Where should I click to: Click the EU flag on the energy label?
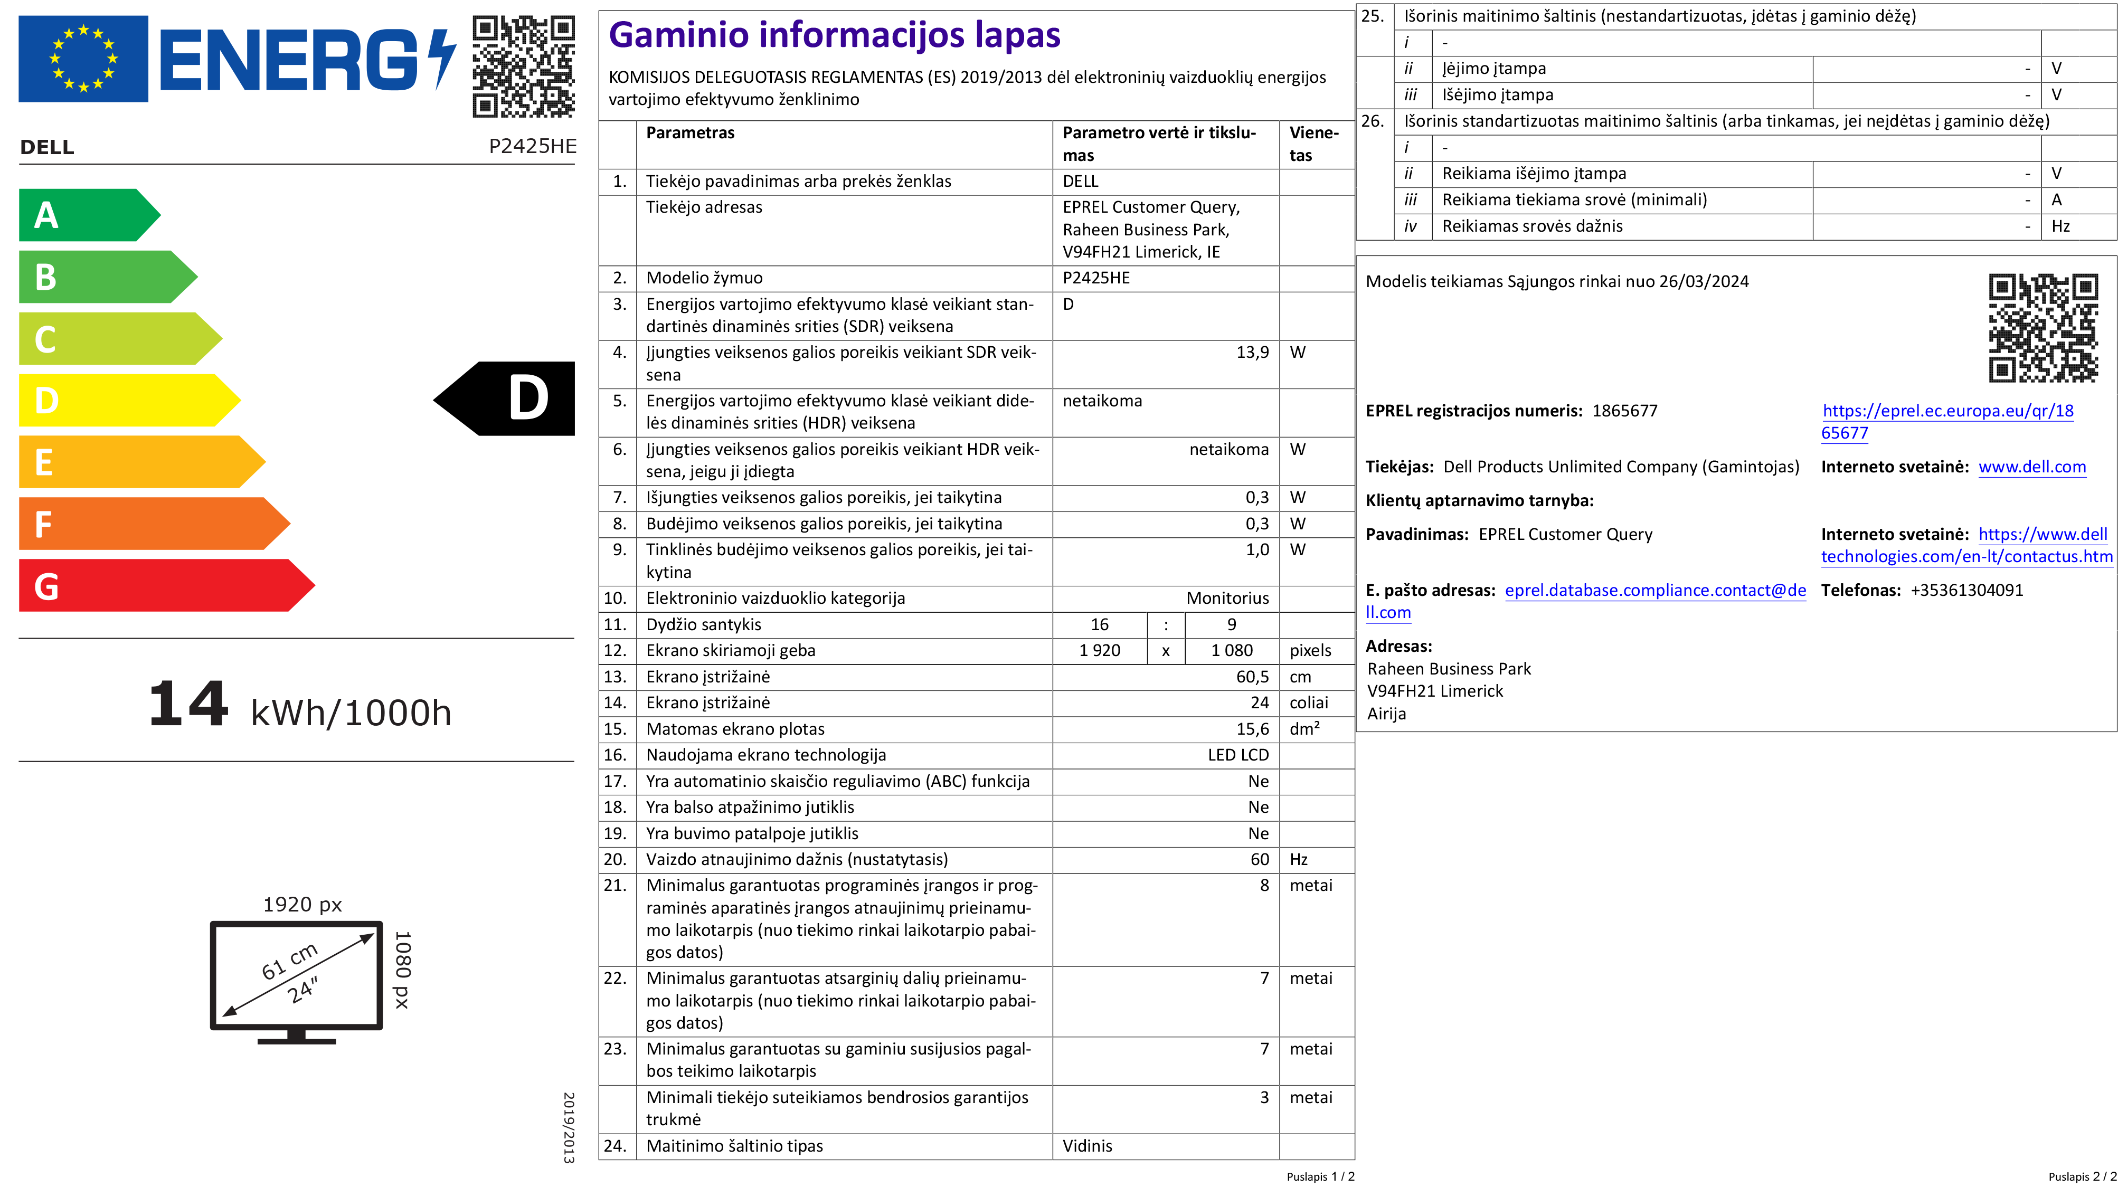(x=83, y=59)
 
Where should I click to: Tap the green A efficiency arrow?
(x=82, y=215)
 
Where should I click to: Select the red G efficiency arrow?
(x=156, y=586)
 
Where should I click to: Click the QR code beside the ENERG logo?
(x=523, y=66)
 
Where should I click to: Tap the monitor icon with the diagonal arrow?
(x=297, y=978)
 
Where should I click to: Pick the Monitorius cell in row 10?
(x=1227, y=599)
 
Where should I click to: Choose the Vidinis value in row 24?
(x=1087, y=1146)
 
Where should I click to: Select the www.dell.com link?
(x=2031, y=467)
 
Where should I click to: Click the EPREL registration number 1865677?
(x=1624, y=411)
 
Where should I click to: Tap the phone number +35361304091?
(x=1966, y=590)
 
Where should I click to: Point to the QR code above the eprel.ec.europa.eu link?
(x=2043, y=328)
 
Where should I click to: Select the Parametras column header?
(x=690, y=133)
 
